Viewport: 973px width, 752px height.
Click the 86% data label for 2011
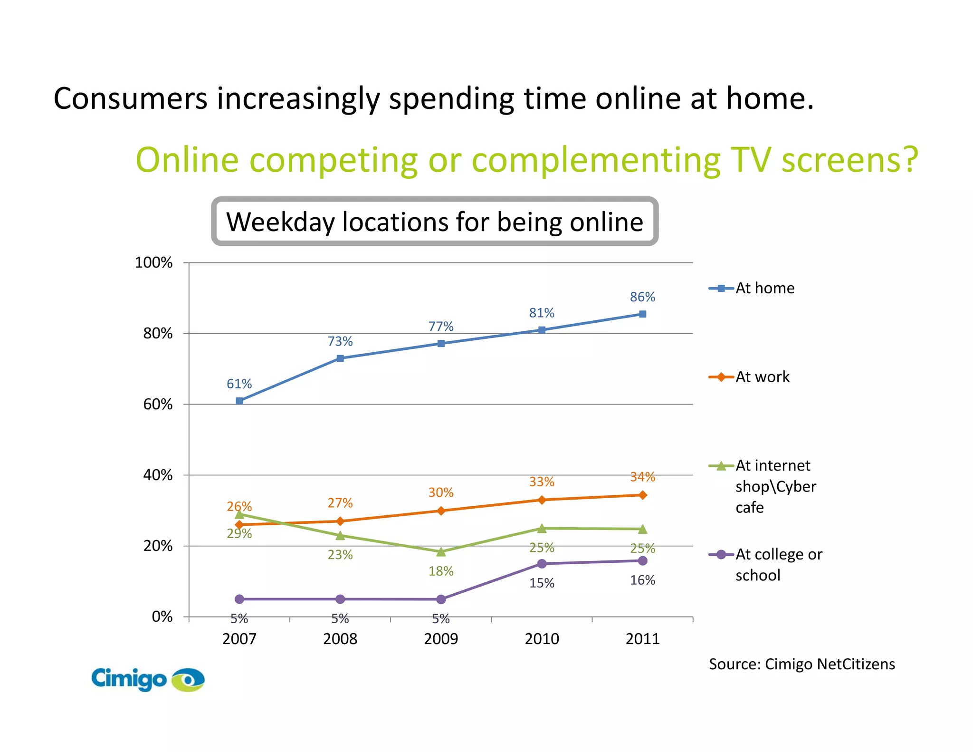click(x=642, y=297)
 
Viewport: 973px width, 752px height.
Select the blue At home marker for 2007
click(x=239, y=401)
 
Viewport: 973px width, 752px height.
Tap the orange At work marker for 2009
click(x=441, y=511)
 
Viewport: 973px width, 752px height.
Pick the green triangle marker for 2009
click(x=441, y=552)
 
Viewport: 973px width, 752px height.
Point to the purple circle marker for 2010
click(x=542, y=564)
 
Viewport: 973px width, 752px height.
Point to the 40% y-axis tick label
click(x=158, y=475)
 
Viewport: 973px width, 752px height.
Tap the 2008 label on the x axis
click(x=340, y=639)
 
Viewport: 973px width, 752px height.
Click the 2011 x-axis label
click(x=642, y=639)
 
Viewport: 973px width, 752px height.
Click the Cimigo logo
click(x=147, y=679)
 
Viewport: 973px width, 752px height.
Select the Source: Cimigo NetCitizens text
click(x=801, y=664)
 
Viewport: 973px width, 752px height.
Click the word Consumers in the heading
click(x=130, y=99)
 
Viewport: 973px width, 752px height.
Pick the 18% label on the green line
click(x=441, y=571)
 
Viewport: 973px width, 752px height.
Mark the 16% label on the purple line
click(x=642, y=580)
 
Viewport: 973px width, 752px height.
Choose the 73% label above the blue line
click(x=340, y=341)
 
